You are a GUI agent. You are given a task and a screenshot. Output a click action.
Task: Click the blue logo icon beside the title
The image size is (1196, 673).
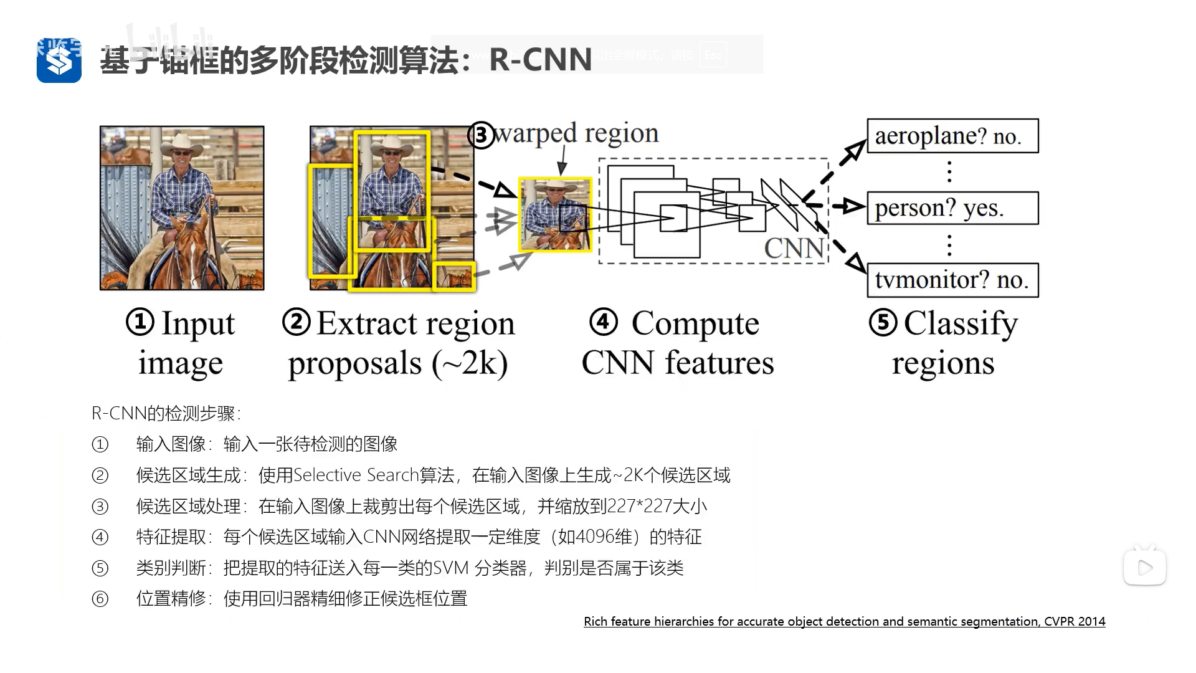tap(59, 60)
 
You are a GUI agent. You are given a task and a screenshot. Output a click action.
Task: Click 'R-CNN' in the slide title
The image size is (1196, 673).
tap(540, 60)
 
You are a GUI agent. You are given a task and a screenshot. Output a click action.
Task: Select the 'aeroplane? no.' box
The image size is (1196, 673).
tap(952, 136)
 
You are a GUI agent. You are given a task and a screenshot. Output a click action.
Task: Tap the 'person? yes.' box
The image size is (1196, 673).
tap(952, 208)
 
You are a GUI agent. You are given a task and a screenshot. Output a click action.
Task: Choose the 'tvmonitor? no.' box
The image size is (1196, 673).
tap(952, 280)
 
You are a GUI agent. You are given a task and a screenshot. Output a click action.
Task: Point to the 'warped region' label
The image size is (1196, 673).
tap(576, 133)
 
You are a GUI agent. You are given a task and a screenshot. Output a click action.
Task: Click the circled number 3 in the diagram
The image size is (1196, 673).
tap(481, 135)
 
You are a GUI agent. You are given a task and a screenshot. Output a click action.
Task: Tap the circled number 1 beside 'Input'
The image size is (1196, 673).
tap(140, 323)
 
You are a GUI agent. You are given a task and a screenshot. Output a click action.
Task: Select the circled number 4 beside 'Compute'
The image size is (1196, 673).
tap(603, 322)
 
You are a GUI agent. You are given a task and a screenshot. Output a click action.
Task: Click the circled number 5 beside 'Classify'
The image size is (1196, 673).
tap(883, 323)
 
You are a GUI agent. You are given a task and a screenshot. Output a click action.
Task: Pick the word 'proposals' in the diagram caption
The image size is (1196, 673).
tap(355, 364)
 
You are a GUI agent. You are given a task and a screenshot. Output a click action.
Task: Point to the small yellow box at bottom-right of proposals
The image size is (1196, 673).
tap(455, 277)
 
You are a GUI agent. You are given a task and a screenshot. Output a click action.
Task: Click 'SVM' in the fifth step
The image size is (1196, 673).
tap(450, 568)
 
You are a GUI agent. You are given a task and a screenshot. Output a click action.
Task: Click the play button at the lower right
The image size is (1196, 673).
tap(1144, 568)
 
